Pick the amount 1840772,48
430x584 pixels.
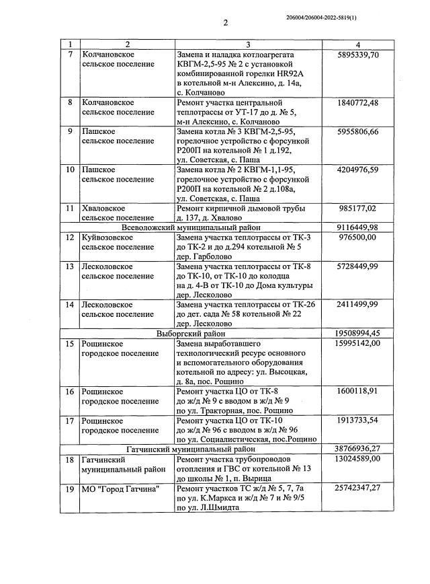coord(357,102)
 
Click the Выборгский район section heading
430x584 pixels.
coord(190,332)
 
